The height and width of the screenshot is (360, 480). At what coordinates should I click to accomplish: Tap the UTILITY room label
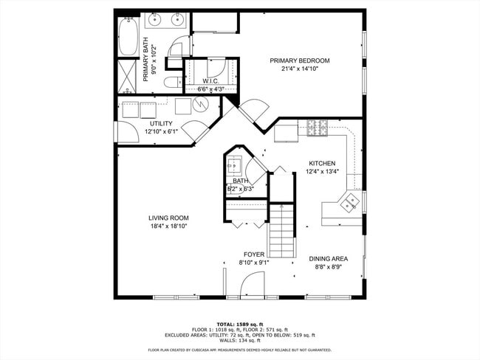pyautogui.click(x=161, y=123)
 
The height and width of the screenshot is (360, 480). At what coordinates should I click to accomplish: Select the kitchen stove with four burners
pyautogui.click(x=318, y=128)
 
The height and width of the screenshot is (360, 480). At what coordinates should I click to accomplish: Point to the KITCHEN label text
pyautogui.click(x=322, y=164)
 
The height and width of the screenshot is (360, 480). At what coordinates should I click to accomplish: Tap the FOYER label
pyautogui.click(x=253, y=255)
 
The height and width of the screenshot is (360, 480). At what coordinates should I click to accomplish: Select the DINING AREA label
pyautogui.click(x=328, y=259)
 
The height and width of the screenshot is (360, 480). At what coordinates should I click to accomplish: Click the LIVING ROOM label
pyautogui.click(x=168, y=218)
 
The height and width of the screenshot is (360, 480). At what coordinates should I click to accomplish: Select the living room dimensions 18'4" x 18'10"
pyautogui.click(x=168, y=226)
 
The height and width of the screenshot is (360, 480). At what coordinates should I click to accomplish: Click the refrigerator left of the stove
pyautogui.click(x=286, y=133)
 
